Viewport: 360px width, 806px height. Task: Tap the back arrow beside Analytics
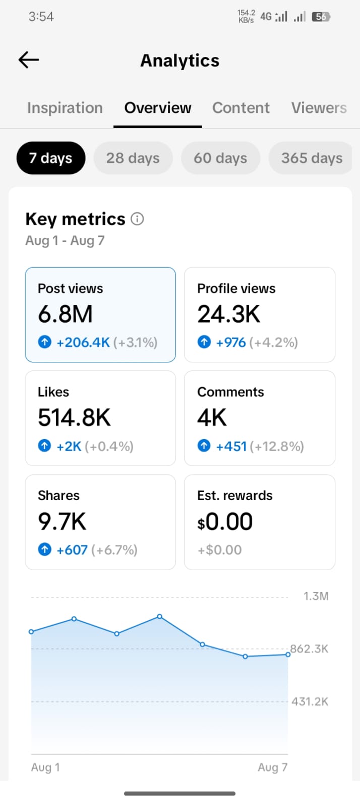(x=28, y=59)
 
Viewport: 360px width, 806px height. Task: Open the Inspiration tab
(x=65, y=108)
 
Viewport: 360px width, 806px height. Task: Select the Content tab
(x=241, y=107)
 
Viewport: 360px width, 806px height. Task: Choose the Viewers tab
(x=319, y=107)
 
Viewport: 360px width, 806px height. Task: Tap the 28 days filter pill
(x=133, y=158)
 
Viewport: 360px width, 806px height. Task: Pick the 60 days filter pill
(x=220, y=158)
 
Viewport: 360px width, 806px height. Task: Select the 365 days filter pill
(x=311, y=158)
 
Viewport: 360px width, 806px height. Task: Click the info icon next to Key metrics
(x=137, y=219)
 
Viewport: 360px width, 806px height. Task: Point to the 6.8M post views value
(x=65, y=314)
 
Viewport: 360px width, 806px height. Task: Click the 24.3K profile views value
(x=228, y=314)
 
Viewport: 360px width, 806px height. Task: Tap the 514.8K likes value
(x=74, y=417)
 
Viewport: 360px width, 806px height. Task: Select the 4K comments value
(x=212, y=417)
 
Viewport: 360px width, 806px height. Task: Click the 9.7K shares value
(x=62, y=521)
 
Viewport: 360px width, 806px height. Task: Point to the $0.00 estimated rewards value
(x=225, y=522)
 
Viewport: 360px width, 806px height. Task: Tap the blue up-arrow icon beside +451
(x=204, y=446)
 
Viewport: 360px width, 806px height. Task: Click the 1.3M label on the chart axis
(x=316, y=596)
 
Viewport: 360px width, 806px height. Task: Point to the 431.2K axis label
(x=310, y=701)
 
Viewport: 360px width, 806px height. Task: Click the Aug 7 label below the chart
(x=272, y=767)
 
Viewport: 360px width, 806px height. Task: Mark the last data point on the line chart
(x=288, y=654)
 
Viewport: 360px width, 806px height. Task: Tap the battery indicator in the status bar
(x=321, y=17)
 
